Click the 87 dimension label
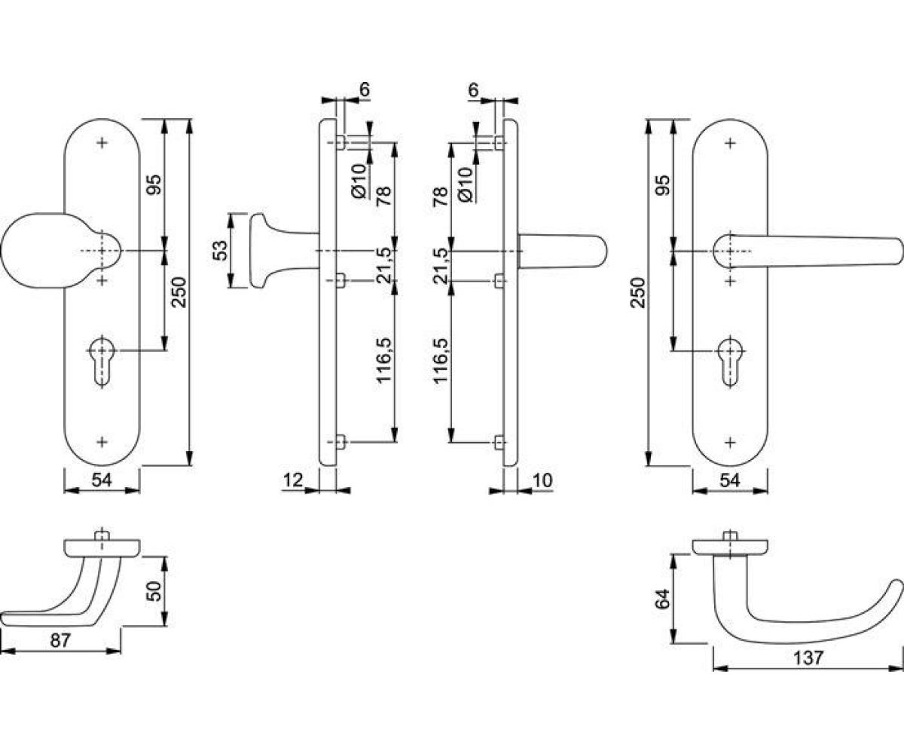tap(60, 639)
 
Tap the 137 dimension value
tap(808, 658)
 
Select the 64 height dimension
tap(663, 599)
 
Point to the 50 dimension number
tap(154, 590)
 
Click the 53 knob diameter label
tap(221, 250)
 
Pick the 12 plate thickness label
tap(293, 480)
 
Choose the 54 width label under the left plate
tap(102, 480)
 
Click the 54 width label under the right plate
tap(730, 480)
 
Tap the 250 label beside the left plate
tap(179, 292)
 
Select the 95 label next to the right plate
tap(662, 184)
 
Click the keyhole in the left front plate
tap(102, 360)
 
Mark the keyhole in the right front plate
tap(730, 360)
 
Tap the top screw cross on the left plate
tap(102, 143)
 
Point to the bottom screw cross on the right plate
tap(730, 442)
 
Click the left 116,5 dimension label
tap(384, 360)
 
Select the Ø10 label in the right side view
tap(466, 185)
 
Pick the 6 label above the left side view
tap(365, 90)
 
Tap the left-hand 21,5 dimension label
tap(384, 265)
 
